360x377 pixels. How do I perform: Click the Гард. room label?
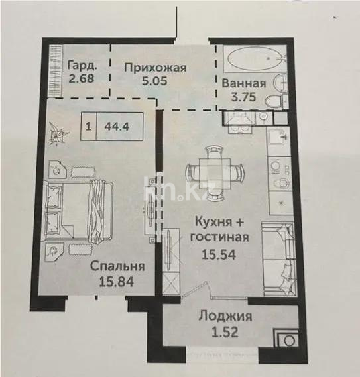81,65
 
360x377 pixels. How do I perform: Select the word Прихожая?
155,67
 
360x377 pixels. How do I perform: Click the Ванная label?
245,84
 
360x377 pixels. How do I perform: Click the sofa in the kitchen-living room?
278,258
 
